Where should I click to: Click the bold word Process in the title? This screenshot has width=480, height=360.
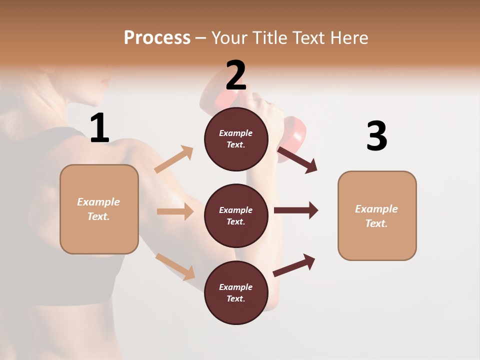coord(157,37)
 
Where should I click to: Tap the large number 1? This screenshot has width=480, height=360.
coord(99,128)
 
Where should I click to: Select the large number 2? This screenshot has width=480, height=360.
coord(236,75)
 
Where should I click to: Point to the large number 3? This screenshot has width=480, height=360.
coord(376,136)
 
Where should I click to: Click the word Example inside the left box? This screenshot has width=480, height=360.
coord(98,202)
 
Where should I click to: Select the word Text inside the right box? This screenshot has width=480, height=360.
coord(376,223)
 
